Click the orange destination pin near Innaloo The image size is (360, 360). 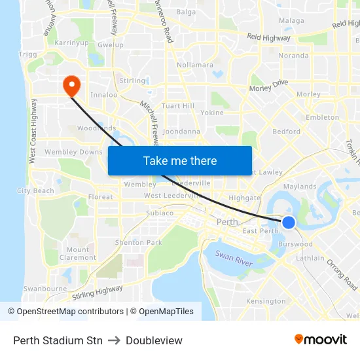(70, 84)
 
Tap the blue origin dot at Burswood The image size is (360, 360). (289, 223)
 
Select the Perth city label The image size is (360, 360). (227, 223)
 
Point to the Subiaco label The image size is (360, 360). (160, 213)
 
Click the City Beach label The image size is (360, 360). (35, 191)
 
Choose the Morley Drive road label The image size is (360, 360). (268, 86)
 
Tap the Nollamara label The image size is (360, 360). (195, 65)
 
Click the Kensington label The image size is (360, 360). (262, 301)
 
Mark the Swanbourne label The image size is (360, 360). (45, 288)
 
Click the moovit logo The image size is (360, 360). (320, 339)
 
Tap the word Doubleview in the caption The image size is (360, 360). (154, 340)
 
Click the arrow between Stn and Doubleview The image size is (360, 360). (114, 340)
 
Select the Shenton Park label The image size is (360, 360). (138, 243)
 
